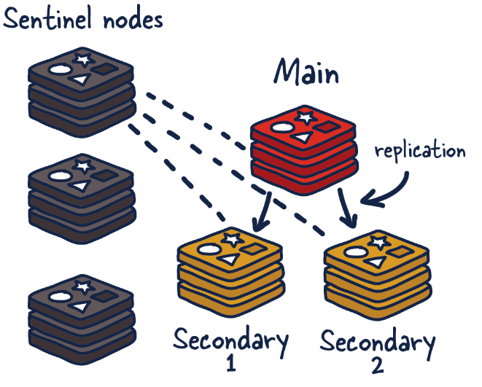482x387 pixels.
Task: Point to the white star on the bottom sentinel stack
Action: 82,281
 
